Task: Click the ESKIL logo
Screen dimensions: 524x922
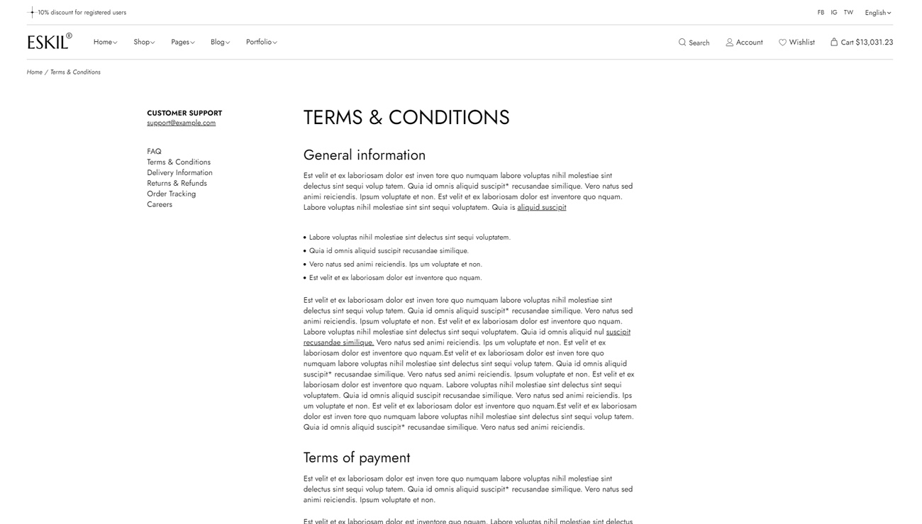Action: tap(49, 42)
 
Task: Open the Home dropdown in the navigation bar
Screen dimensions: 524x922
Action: tap(105, 43)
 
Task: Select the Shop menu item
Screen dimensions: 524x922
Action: tap(144, 43)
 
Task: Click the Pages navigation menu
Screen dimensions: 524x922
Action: tap(182, 43)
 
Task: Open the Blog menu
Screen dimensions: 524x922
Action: tap(220, 43)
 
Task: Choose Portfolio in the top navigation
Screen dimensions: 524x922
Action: tap(261, 43)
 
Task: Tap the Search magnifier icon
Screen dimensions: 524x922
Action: tap(682, 43)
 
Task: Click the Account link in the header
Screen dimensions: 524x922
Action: tap(744, 43)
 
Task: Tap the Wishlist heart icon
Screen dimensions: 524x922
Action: tap(783, 43)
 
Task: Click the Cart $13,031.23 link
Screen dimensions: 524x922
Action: tap(862, 43)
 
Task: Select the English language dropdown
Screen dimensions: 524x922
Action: tap(877, 13)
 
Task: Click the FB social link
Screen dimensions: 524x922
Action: tap(821, 13)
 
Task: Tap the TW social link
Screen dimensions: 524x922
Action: tap(848, 13)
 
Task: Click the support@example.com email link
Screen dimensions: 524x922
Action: tap(181, 123)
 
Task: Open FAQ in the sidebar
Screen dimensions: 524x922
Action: tap(154, 152)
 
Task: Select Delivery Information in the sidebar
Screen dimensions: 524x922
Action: tap(179, 173)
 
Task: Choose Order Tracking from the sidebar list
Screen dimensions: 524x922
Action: tap(171, 194)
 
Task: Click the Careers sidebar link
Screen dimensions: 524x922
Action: tap(160, 205)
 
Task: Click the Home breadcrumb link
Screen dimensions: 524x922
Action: tap(35, 72)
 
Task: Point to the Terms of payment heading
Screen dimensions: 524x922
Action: tap(356, 458)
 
